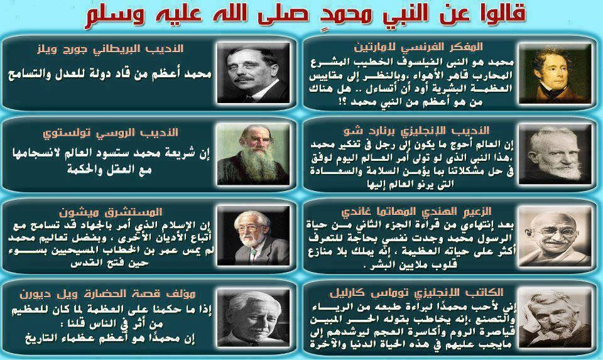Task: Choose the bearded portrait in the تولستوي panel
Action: click(x=247, y=157)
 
